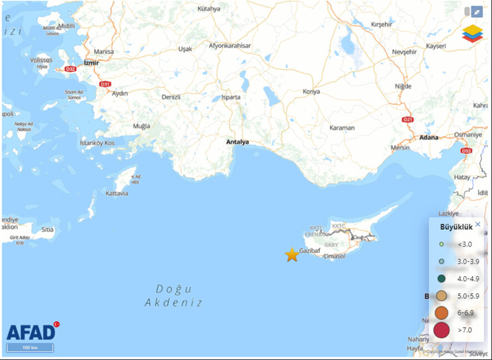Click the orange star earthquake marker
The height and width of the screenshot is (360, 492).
[x=292, y=255]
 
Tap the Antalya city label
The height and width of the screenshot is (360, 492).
[x=237, y=142]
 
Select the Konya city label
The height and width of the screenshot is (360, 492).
[x=311, y=91]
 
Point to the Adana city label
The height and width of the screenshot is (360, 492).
[x=429, y=137]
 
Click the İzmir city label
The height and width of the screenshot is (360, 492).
[x=91, y=63]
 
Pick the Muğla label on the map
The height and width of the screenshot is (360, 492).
[x=141, y=126]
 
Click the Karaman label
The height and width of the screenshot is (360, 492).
[x=342, y=128]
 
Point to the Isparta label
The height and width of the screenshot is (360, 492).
[x=231, y=97]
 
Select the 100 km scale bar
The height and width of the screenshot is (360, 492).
[x=30, y=348]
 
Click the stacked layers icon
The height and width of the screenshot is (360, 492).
[x=473, y=33]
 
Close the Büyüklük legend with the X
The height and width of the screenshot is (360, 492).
[x=478, y=224]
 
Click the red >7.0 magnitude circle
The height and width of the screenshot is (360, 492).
[x=441, y=330]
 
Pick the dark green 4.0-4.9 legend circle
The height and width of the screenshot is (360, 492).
[x=441, y=279]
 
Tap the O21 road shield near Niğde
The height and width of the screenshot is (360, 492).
[x=409, y=120]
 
